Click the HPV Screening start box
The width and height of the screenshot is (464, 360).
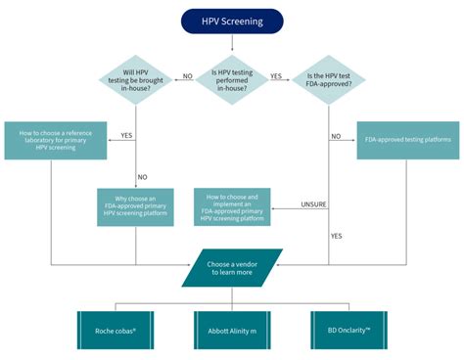[232, 21]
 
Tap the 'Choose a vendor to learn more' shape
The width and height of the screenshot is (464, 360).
[232, 267]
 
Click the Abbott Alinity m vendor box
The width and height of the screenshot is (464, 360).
[232, 331]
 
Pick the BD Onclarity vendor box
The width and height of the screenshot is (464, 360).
[349, 331]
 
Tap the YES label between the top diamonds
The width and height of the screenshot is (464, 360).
[276, 75]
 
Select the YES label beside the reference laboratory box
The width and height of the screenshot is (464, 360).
[126, 134]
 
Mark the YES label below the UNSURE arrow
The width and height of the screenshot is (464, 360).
[337, 237]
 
